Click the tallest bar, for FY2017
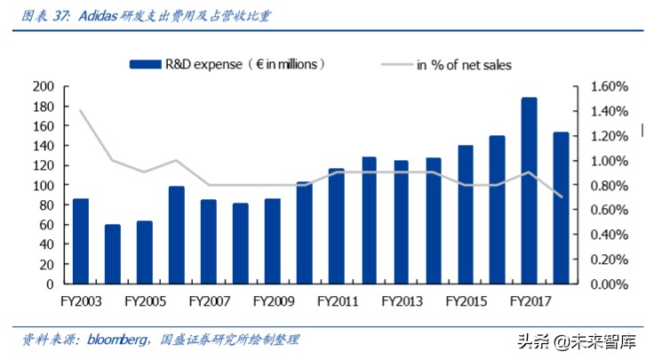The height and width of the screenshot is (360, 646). pyautogui.click(x=529, y=190)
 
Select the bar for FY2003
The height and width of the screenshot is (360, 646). pyautogui.click(x=81, y=241)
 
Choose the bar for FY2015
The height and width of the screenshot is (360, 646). pyautogui.click(x=465, y=214)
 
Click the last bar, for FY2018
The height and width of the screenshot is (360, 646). pyautogui.click(x=561, y=208)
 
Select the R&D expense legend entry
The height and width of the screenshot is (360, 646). pyautogui.click(x=227, y=64)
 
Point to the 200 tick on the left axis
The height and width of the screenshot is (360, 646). pyautogui.click(x=44, y=87)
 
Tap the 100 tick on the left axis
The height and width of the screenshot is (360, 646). pyautogui.click(x=44, y=186)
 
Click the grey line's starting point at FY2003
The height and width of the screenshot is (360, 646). pyautogui.click(x=81, y=111)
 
